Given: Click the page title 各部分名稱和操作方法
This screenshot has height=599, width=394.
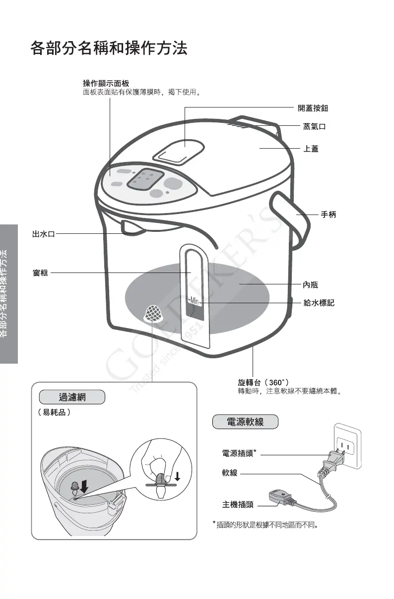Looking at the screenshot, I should click(109, 49).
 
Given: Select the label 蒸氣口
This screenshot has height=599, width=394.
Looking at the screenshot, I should click(315, 127).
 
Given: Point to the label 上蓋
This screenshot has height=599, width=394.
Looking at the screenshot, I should click(311, 148).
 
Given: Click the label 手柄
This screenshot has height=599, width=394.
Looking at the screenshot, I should click(328, 215).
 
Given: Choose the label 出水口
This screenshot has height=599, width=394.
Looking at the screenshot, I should click(43, 234).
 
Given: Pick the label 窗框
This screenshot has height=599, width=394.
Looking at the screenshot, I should click(40, 272).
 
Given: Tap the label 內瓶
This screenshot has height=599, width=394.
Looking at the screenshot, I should click(311, 284).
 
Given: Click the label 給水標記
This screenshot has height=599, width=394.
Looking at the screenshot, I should click(319, 302).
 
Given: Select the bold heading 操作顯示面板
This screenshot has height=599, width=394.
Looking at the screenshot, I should click(106, 83).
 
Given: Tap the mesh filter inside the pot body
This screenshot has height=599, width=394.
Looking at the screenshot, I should click(154, 314).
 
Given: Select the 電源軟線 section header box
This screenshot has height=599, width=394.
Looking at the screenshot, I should click(245, 422).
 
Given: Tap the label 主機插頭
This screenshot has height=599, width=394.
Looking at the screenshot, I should click(238, 505).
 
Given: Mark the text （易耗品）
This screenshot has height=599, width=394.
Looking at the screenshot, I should click(54, 412).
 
